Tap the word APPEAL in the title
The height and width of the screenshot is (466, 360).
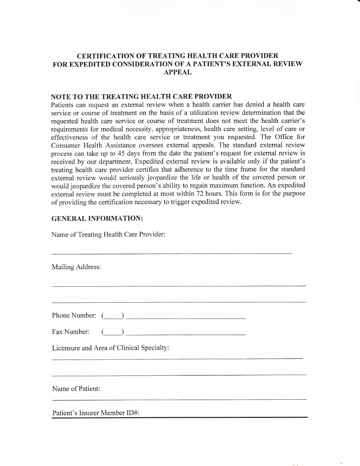pos(177,72)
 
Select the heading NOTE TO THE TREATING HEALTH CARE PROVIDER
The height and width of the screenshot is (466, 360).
pos(141,97)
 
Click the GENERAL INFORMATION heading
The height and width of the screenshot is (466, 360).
pos(97,218)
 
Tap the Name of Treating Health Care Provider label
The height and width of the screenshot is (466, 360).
pos(108,235)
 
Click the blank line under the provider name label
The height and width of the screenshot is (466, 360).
pos(171,253)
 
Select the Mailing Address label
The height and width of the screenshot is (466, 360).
pos(76,267)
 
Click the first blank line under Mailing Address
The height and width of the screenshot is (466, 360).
pos(178,286)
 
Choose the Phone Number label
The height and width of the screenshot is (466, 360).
pos(74,315)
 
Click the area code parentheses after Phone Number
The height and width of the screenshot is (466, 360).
pos(113,316)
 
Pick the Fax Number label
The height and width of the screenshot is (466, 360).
pos(70,332)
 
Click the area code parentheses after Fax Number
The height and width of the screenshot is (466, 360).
pos(113,332)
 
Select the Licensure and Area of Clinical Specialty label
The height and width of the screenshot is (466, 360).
pos(110,348)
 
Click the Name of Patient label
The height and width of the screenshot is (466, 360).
pos(76,389)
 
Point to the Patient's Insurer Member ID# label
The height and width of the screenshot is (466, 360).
pos(96,413)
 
